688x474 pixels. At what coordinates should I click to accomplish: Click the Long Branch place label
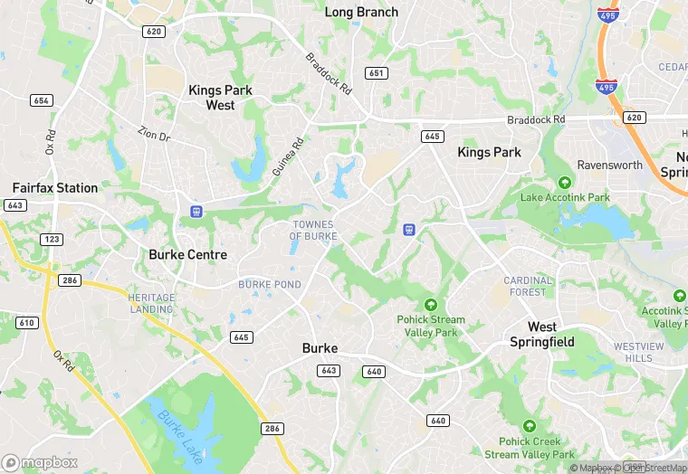click(x=361, y=12)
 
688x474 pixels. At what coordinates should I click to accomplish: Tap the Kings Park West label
click(x=220, y=98)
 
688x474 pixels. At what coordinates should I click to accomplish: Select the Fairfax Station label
click(x=55, y=188)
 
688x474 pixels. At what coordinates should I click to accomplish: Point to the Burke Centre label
click(x=187, y=255)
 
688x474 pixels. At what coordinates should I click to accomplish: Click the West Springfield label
click(x=542, y=334)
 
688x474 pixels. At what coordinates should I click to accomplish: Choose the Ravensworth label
click(x=610, y=166)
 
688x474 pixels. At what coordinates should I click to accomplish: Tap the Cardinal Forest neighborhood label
click(x=527, y=286)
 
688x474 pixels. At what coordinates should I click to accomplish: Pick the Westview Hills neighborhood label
click(x=638, y=352)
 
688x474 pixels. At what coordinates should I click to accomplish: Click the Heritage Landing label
click(x=150, y=303)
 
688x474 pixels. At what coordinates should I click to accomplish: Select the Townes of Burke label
click(x=313, y=230)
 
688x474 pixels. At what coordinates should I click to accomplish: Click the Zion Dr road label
click(x=154, y=135)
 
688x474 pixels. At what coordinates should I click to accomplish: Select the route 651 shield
click(x=376, y=72)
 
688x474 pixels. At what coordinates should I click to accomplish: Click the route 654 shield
click(x=41, y=100)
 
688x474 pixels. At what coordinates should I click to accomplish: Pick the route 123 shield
click(x=51, y=239)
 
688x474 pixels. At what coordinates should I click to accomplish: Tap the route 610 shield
click(x=27, y=323)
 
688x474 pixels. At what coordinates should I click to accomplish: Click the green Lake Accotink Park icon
click(x=565, y=182)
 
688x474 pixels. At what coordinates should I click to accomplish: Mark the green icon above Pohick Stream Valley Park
click(x=431, y=304)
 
